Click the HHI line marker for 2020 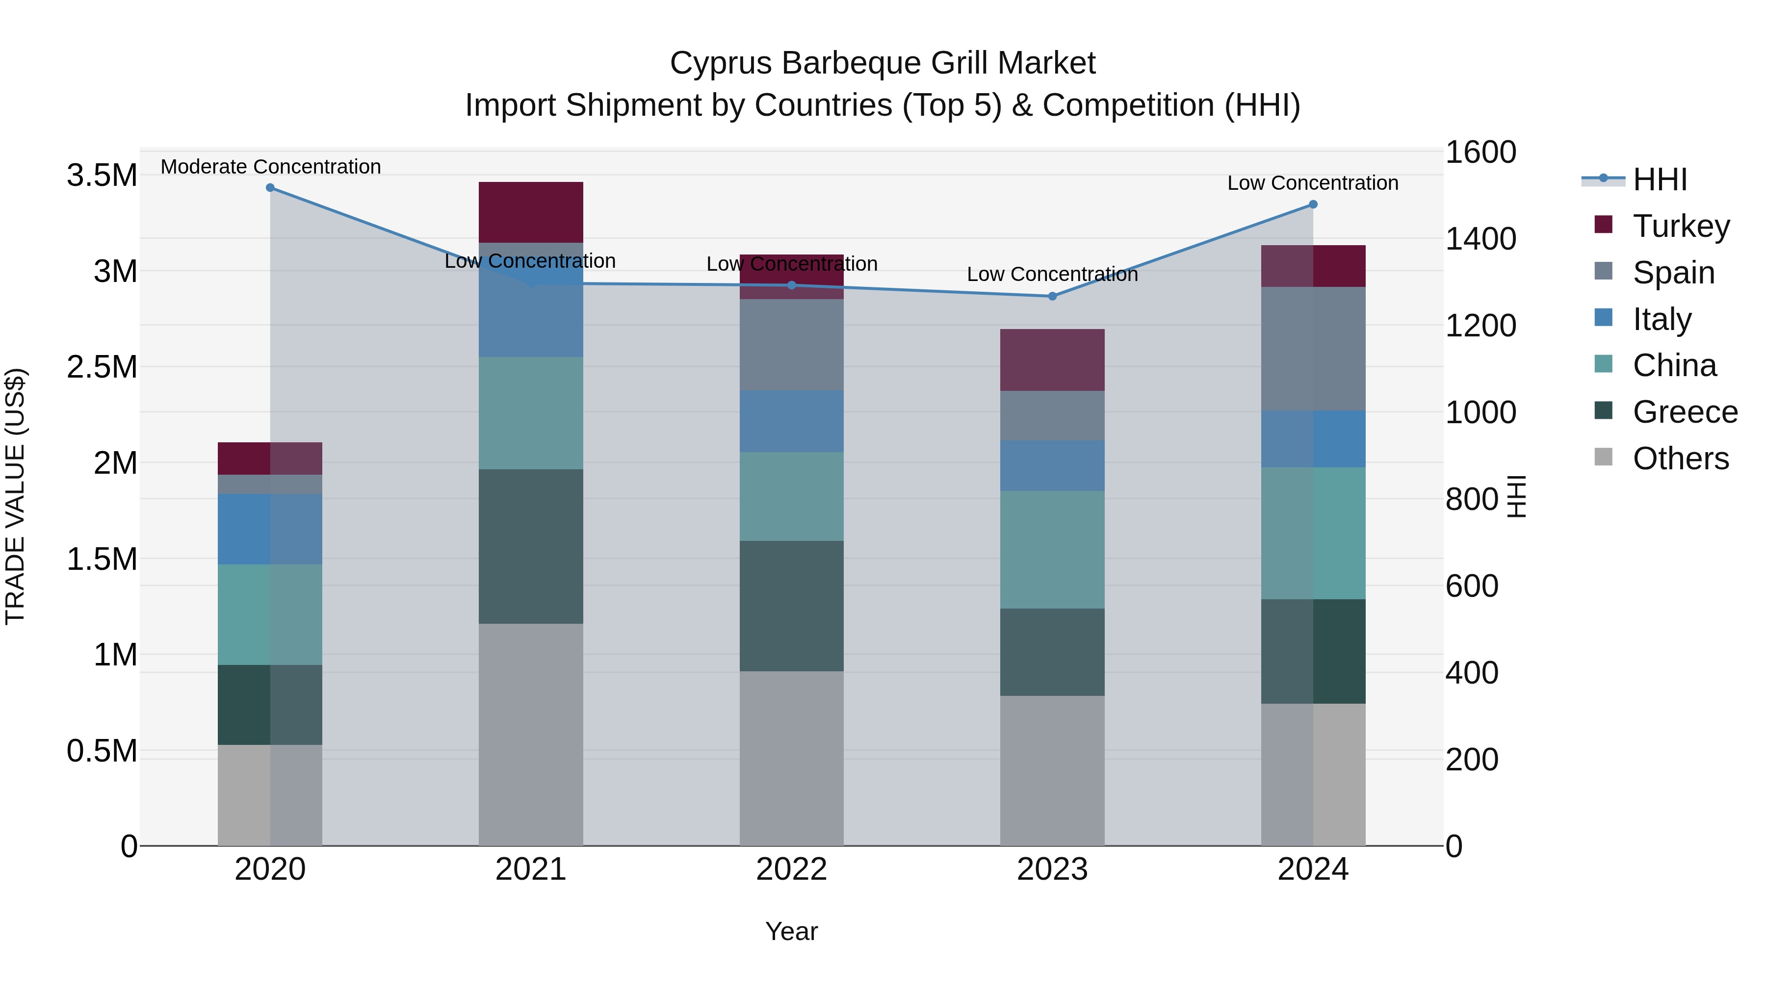tap(270, 188)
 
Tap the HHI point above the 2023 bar tap(1052, 297)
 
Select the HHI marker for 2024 tap(1313, 204)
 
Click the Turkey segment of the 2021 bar tap(531, 212)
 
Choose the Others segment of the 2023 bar tap(1052, 770)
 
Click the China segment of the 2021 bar tap(531, 413)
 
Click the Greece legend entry tap(1685, 412)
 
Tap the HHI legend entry tap(1659, 179)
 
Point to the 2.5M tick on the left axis tap(102, 367)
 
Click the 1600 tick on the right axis tap(1481, 152)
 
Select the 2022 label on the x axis tap(791, 869)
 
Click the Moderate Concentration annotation tap(271, 167)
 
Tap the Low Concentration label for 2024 tap(1312, 183)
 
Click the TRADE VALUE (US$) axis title tap(15, 496)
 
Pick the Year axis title tap(791, 931)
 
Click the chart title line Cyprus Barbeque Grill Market tap(883, 63)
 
